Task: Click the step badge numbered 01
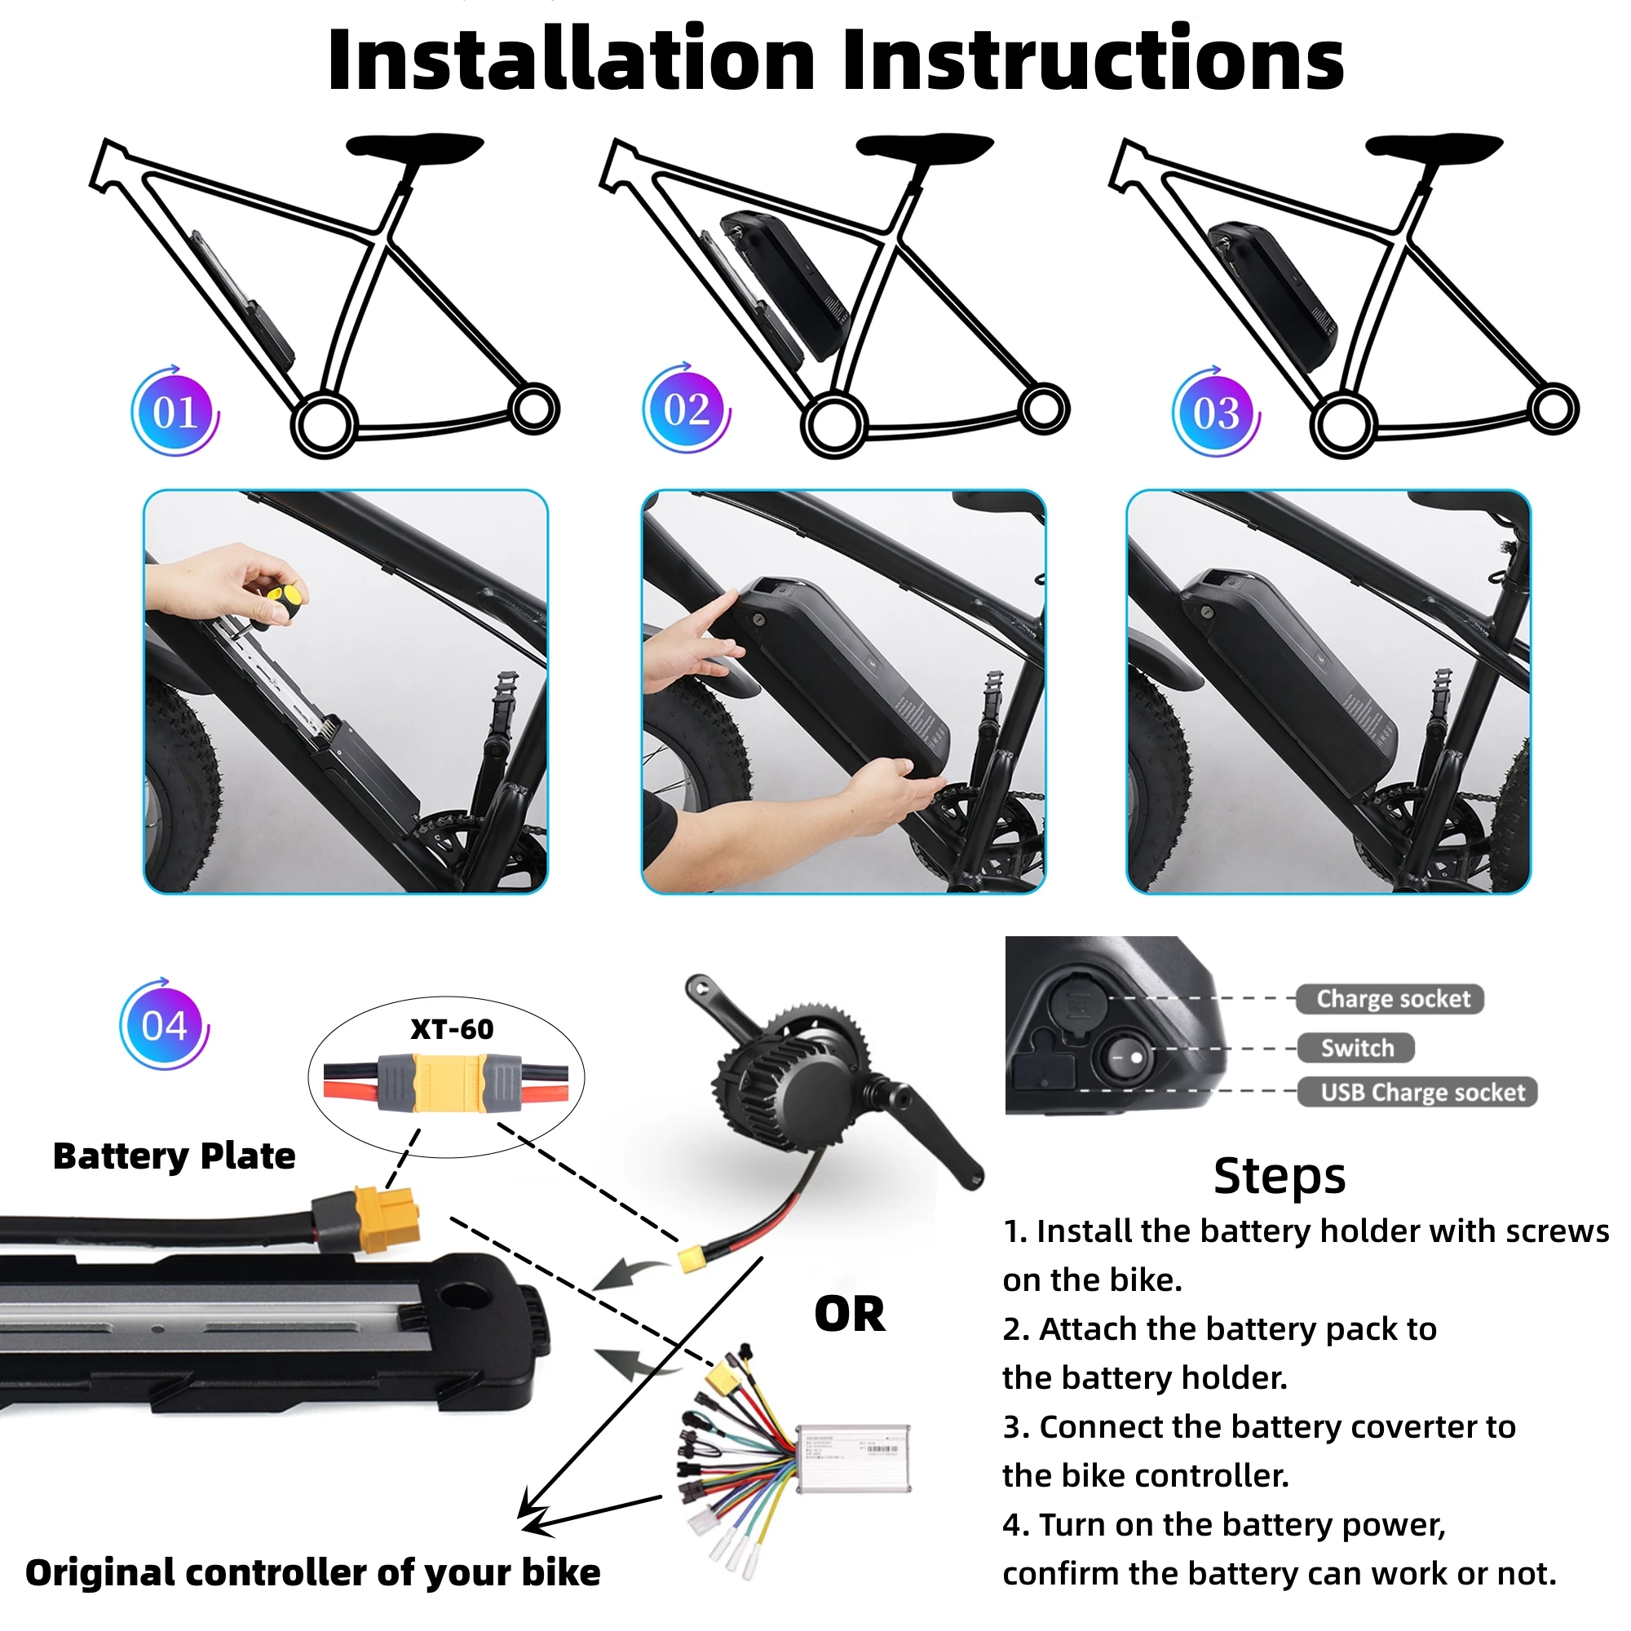coord(175,412)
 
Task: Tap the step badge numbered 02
coord(687,409)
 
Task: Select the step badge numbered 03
coord(1217,412)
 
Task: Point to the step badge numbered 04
coord(165,1026)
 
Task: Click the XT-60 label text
coord(452,1029)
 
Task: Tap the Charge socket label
coord(1393,999)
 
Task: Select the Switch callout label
coord(1357,1048)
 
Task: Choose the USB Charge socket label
coord(1422,1093)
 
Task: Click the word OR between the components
coord(850,1315)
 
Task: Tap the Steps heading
coord(1279,1176)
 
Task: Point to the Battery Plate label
coord(174,1156)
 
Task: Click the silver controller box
coord(853,1460)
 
